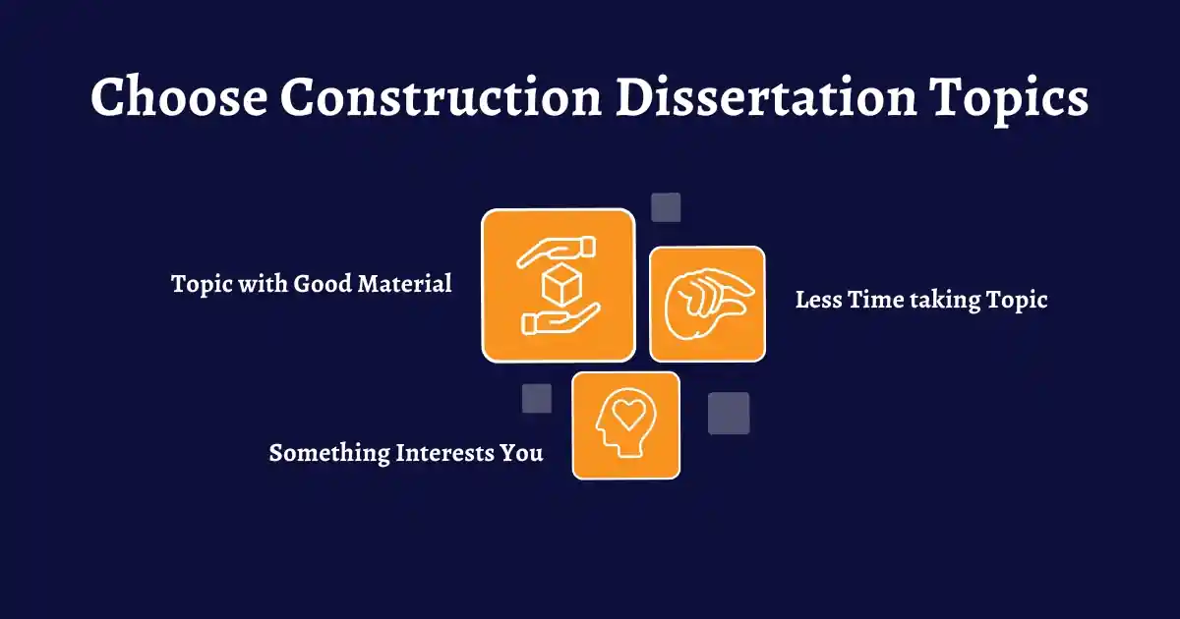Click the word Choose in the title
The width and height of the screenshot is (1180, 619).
tap(176, 98)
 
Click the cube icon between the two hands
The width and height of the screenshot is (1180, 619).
tap(558, 286)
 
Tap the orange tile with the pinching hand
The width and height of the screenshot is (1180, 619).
tap(707, 304)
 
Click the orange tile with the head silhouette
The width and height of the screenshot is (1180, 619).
tap(625, 425)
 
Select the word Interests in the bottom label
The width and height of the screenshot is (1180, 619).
tap(447, 453)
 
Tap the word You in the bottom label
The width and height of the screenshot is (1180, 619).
tap(524, 453)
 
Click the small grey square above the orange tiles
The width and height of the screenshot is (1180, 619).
tap(666, 207)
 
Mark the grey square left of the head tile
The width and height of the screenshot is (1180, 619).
tap(537, 398)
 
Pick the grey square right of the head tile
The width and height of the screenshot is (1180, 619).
tap(729, 413)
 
